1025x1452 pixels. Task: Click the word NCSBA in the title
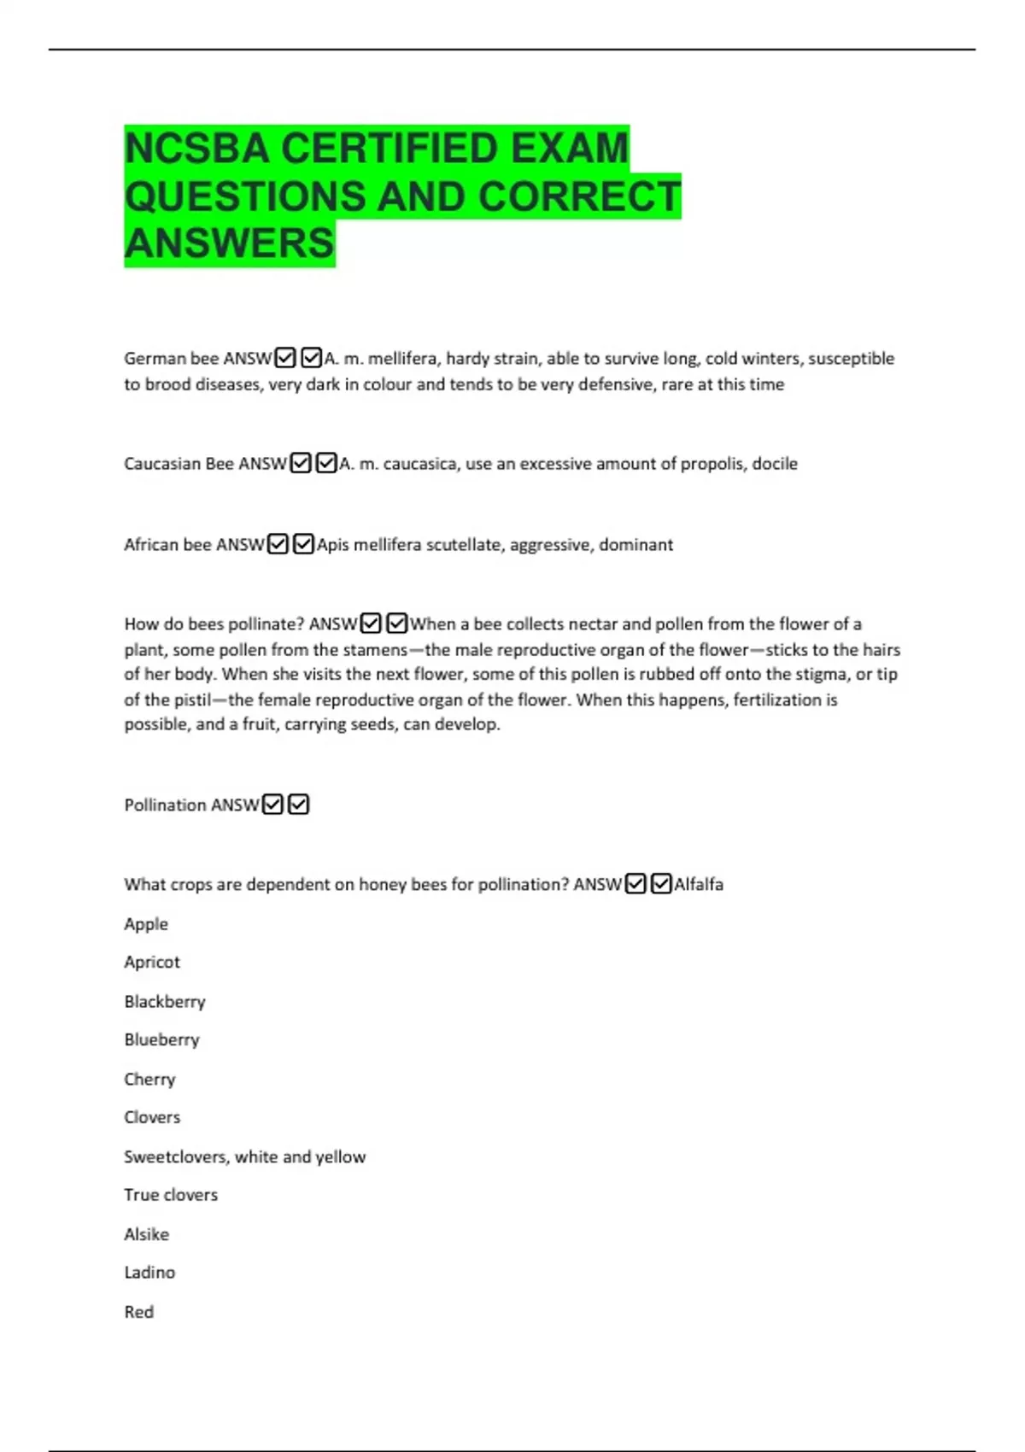point(197,149)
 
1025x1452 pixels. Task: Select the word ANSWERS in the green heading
point(229,243)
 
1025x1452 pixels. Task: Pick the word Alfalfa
point(699,885)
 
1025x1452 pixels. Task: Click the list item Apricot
point(152,963)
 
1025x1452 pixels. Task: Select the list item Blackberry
point(165,1001)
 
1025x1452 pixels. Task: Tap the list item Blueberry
point(161,1039)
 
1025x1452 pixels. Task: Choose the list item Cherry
point(149,1079)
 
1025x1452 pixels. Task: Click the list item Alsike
point(146,1234)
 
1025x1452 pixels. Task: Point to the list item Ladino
point(149,1273)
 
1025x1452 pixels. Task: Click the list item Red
point(138,1312)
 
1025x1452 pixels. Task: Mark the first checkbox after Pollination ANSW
point(272,805)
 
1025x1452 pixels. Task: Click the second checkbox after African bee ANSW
point(303,544)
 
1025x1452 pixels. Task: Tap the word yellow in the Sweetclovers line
point(341,1156)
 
